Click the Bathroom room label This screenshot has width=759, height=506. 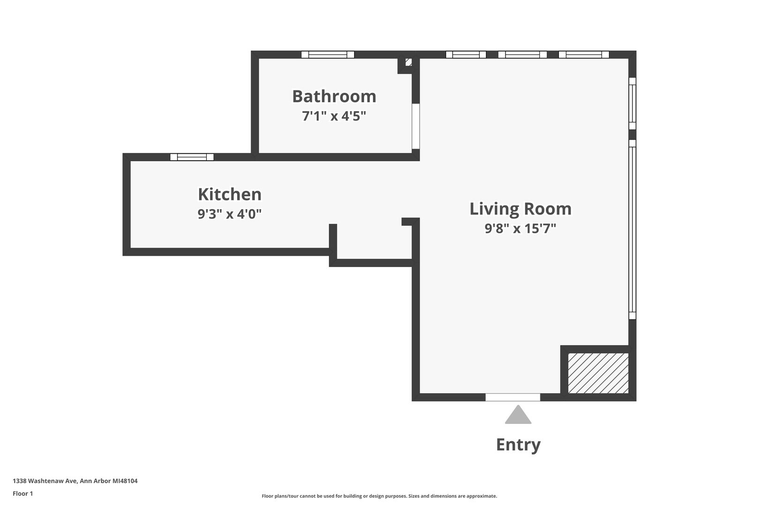334,96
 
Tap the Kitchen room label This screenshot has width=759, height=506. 230,194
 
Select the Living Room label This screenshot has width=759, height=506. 521,209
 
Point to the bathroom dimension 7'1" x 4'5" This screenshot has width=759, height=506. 334,116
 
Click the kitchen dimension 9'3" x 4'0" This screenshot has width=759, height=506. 230,214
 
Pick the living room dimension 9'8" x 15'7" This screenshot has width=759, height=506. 521,229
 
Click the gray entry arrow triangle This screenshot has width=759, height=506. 518,415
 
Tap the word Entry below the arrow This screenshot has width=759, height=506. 519,445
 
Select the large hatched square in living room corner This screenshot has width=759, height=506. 598,373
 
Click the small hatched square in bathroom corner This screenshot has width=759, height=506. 409,62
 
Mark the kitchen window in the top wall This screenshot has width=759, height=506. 192,157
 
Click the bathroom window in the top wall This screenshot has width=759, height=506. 327,54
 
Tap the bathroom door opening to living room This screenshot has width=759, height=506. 416,126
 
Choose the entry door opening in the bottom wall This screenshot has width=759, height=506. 513,397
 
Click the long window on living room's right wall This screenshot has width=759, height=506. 632,230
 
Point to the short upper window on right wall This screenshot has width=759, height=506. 632,104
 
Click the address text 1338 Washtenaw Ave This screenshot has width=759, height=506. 45,481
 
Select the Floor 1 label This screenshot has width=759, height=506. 22,493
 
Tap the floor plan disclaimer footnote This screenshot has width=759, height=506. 379,496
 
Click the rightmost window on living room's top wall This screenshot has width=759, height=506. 584,54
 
